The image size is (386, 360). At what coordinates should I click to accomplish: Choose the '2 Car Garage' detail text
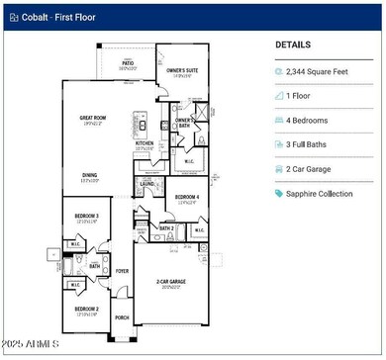coord(315,168)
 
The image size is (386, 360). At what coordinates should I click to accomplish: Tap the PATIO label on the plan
coord(128,63)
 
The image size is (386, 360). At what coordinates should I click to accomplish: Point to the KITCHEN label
coord(145,142)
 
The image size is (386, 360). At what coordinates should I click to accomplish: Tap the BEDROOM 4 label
coord(186,197)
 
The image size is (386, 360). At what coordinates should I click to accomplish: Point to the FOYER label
coord(123,269)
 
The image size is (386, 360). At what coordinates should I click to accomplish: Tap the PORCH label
coord(122,317)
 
